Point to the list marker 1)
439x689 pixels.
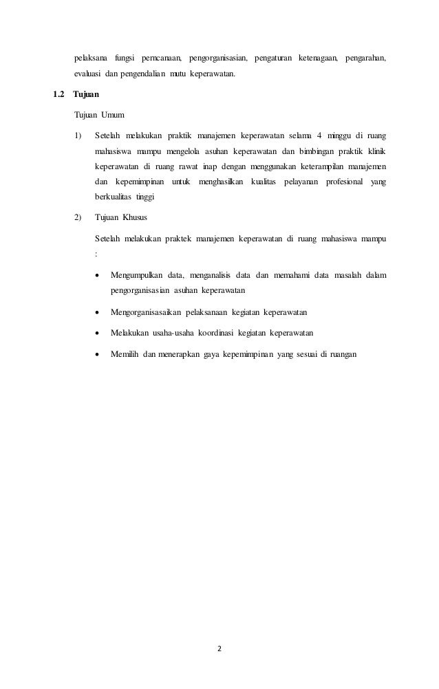(77, 133)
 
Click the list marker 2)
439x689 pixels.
(77, 218)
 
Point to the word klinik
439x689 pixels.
(375, 151)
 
